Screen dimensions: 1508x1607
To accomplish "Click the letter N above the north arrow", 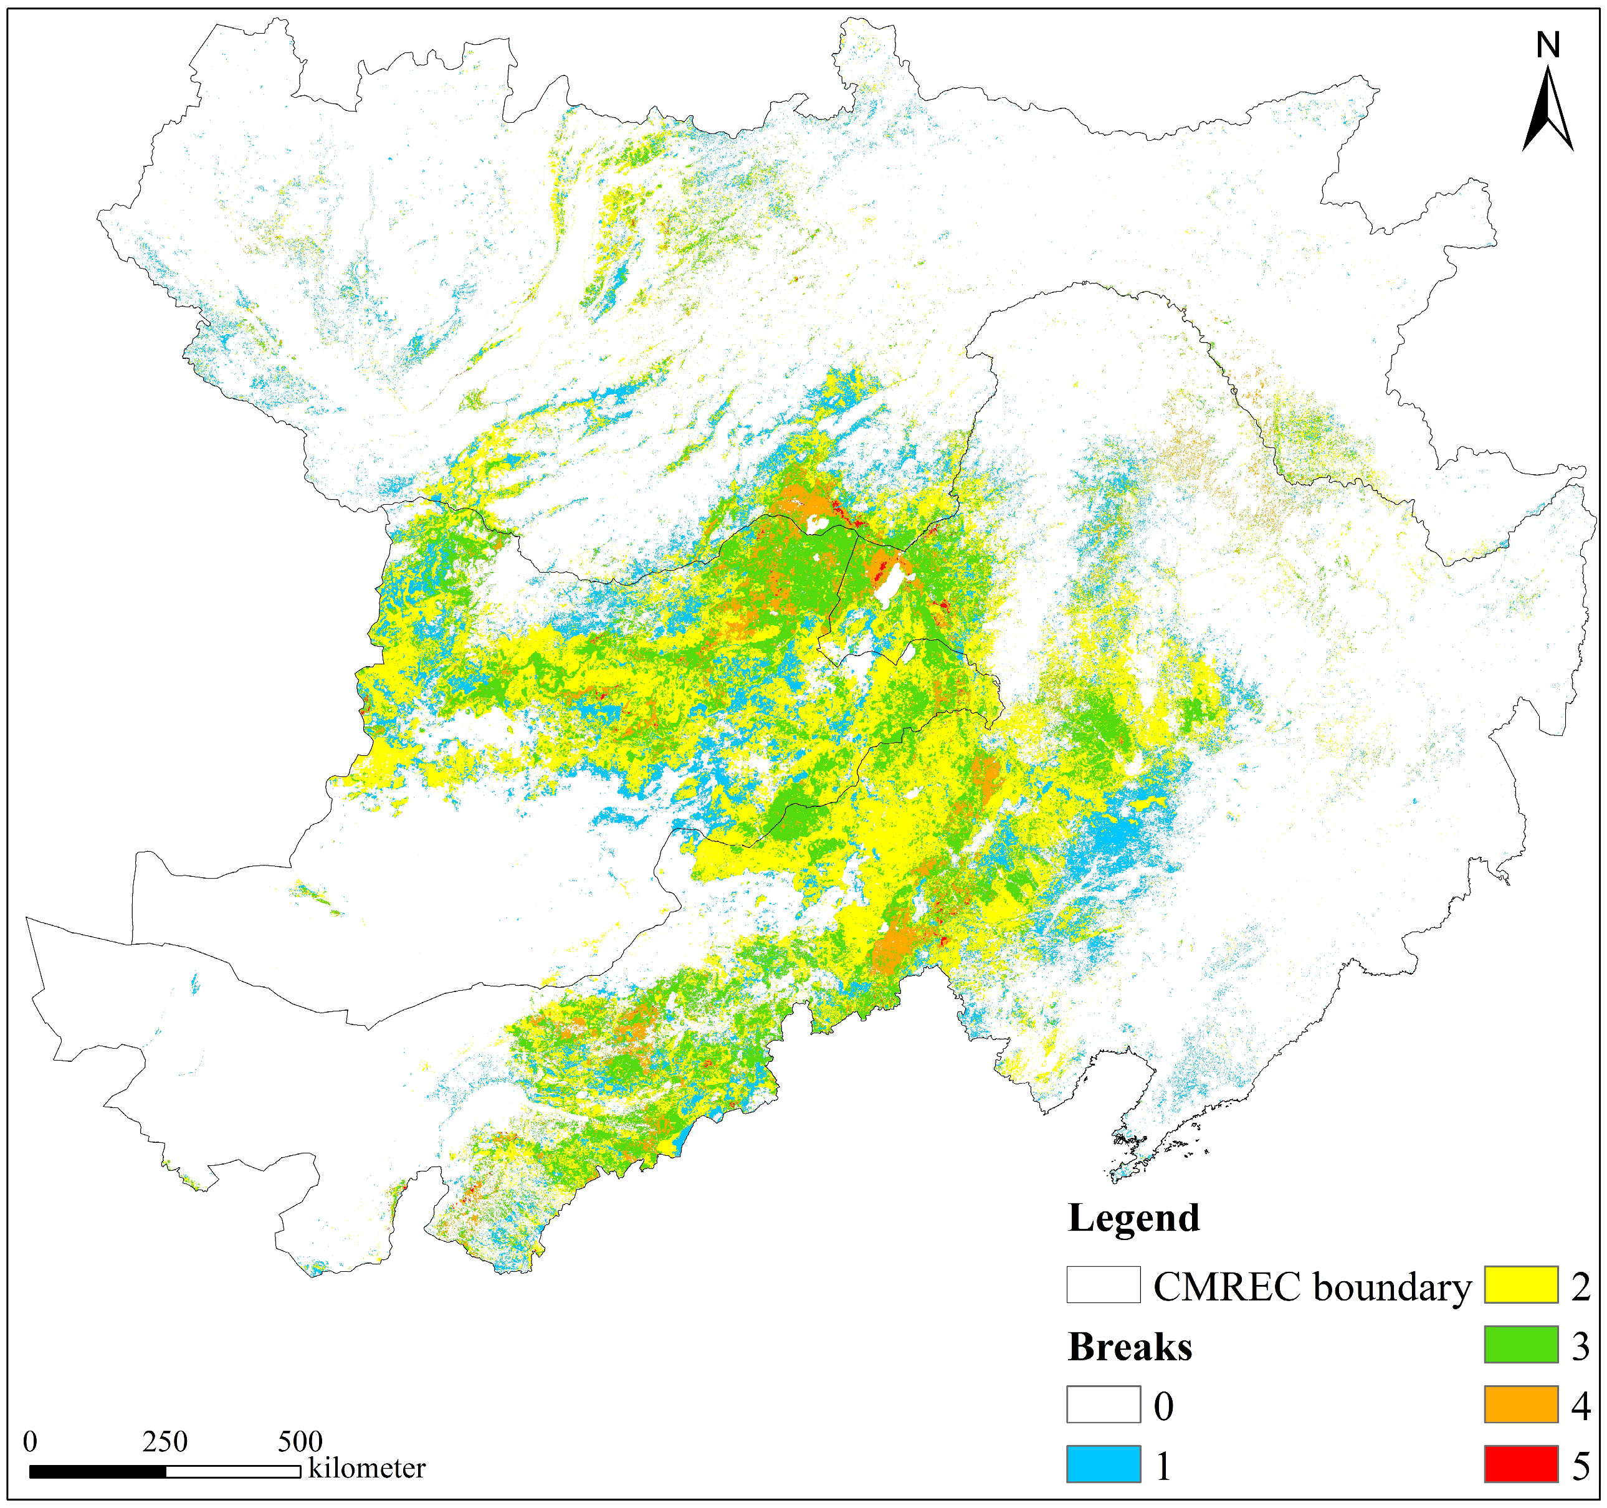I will (1547, 45).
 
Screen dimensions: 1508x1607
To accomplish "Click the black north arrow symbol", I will (1547, 113).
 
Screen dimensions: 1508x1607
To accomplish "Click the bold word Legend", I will (1133, 1218).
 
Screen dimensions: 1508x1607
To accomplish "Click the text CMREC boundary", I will (1311, 1286).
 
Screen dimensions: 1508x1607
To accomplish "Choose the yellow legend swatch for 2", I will (1520, 1285).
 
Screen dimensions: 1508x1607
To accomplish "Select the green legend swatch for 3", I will (1520, 1345).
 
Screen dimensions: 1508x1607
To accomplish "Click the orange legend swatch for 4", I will (1520, 1405).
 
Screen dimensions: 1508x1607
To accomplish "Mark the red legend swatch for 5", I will (1520, 1464).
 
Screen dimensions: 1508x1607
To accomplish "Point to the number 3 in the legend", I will (1580, 1346).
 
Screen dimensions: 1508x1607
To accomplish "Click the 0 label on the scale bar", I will (30, 1441).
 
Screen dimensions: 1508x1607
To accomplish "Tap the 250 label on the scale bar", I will (165, 1441).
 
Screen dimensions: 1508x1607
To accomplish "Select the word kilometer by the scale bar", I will (367, 1467).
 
